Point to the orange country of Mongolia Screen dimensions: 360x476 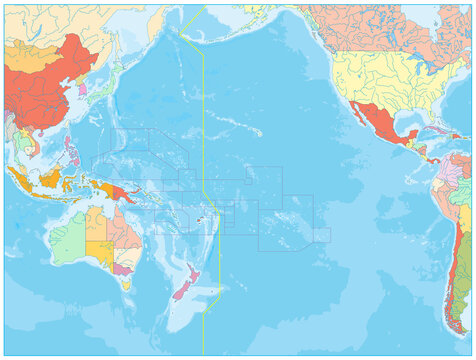[x=40, y=55]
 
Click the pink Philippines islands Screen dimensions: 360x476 [x=72, y=150]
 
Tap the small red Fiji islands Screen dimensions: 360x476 [x=200, y=221]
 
